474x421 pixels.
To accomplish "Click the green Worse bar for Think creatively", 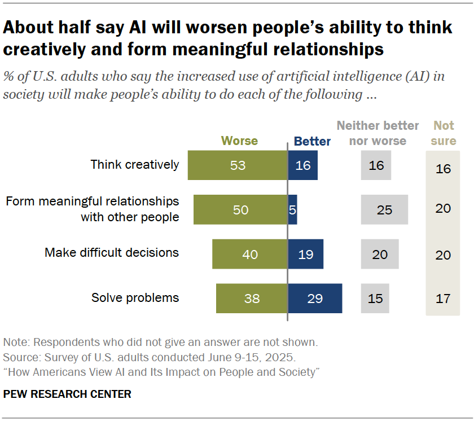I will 238,165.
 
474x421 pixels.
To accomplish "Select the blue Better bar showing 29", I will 315,298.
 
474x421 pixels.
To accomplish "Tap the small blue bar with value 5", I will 292,209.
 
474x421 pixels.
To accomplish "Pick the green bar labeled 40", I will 250,254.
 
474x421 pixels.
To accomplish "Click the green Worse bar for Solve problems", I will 252,298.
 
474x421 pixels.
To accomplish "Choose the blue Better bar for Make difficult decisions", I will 305,254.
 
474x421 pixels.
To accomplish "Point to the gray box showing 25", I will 384,209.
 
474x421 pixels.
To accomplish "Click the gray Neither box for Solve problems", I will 375,298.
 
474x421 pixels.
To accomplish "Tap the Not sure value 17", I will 443,298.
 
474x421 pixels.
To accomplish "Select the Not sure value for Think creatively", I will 443,168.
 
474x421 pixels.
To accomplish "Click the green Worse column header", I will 239,141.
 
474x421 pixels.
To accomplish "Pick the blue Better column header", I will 312,141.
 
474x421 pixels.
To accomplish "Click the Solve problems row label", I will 135,298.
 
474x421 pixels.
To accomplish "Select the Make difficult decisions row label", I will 112,253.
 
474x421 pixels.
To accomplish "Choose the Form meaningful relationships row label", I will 92,209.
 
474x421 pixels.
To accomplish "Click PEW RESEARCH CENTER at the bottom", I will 67,394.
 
